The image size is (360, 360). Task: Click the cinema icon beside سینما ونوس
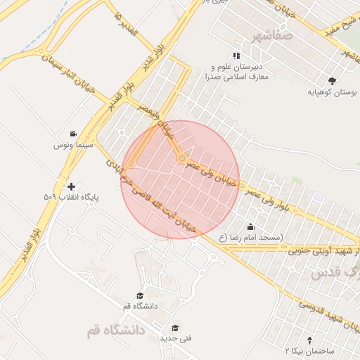[x=72, y=134]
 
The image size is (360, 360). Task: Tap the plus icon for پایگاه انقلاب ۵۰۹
[x=71, y=186]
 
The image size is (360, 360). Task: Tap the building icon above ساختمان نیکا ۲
[x=311, y=339]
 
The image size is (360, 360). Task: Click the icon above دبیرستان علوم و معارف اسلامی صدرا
[x=236, y=56]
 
